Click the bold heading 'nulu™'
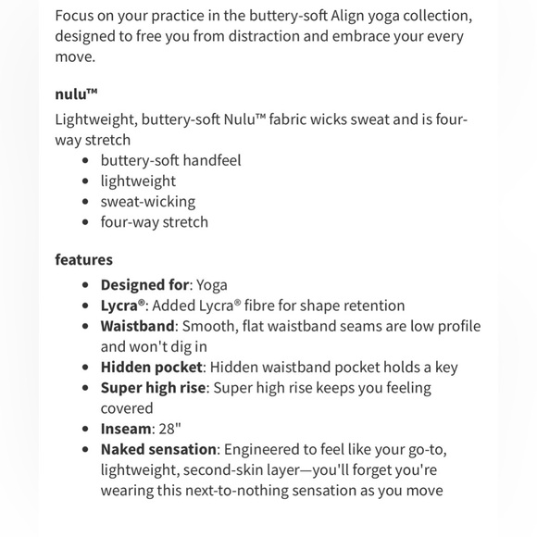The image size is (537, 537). (76, 94)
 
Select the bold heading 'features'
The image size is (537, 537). (83, 259)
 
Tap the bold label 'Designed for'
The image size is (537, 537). (144, 285)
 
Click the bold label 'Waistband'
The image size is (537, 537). (137, 326)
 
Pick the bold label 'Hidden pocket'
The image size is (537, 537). (151, 367)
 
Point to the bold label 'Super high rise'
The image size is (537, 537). (153, 387)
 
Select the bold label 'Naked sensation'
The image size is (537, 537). (158, 449)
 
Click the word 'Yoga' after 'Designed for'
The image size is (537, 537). (211, 285)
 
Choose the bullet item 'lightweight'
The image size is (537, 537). (138, 181)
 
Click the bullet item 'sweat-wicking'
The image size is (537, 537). (148, 201)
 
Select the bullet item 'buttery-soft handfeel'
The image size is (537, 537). (170, 160)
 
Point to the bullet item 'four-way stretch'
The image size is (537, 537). (155, 221)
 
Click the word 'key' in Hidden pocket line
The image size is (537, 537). (444, 367)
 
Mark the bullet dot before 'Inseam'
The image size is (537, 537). (86, 429)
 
